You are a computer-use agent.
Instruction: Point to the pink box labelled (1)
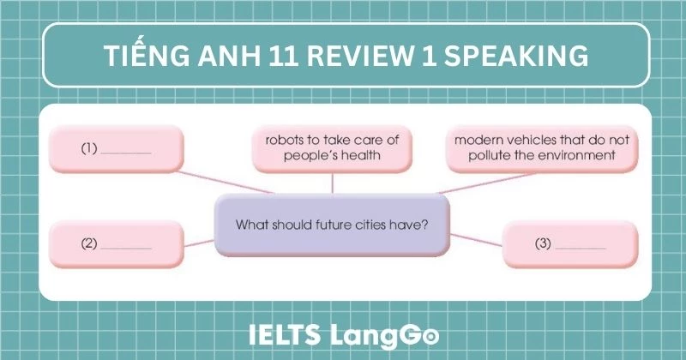point(117,148)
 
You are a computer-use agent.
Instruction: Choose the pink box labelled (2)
point(117,243)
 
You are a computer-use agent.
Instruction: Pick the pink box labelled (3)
point(570,243)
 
